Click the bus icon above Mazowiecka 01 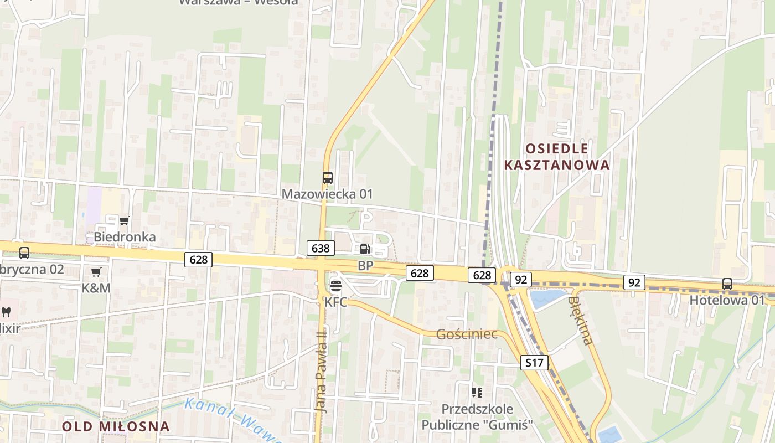point(328,178)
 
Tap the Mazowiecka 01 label point(327,194)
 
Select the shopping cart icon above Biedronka point(125,220)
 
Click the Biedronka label point(125,237)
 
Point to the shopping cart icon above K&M point(96,272)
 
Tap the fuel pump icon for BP point(365,250)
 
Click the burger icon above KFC point(336,286)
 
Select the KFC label point(336,302)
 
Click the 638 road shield point(321,248)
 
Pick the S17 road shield point(534,363)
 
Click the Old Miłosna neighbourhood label point(116,426)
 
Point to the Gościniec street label point(466,334)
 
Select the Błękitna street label point(580,320)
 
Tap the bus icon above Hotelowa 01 point(727,284)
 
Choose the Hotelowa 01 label point(726,300)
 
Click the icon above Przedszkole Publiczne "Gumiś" point(477,393)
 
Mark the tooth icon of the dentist point(6,312)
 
